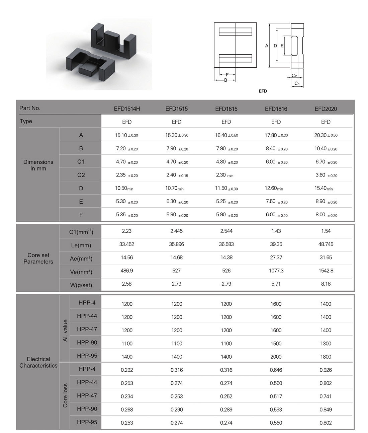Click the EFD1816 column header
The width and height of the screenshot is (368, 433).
coord(276,109)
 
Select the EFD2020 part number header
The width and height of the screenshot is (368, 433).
coord(326,109)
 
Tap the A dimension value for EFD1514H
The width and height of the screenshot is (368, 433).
coord(126,135)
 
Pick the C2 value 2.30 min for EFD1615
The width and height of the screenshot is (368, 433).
coord(224,175)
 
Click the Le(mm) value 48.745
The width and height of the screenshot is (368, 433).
coord(326,244)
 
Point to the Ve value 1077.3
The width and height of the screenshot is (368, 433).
coord(276,271)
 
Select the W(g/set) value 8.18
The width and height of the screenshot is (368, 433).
coord(326,284)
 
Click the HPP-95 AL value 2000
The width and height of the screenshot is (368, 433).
coord(276,357)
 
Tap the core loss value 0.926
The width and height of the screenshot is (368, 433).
coord(326,370)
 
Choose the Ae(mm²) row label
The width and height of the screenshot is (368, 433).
coord(81,259)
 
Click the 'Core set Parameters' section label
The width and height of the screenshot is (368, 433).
coord(38,259)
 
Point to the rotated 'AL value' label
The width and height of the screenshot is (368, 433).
coord(65,330)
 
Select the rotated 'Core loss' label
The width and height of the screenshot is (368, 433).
coord(65,395)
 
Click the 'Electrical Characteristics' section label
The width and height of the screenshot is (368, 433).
coord(38,362)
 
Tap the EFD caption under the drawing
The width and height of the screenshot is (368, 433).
coord(263,91)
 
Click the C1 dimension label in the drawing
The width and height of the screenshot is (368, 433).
coord(297,84)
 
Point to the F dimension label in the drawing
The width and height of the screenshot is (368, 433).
coord(227,75)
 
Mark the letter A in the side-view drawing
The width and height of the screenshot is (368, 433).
coord(267,46)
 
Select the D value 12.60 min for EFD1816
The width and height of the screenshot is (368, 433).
coord(274,189)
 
